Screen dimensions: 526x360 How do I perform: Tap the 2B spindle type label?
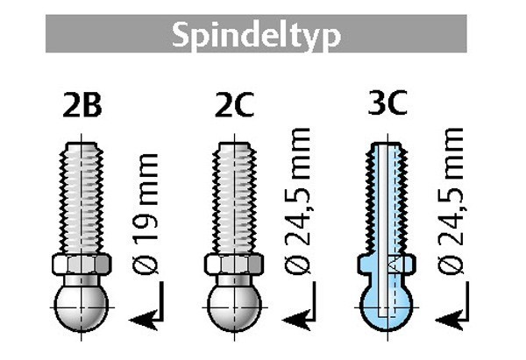tap(82, 105)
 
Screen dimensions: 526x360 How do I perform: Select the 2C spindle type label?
tap(234, 105)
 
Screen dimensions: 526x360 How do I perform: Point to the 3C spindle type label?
tap(387, 102)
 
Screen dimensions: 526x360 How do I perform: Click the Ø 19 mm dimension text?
tap(145, 214)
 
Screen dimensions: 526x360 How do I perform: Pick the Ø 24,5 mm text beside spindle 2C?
tap(297, 201)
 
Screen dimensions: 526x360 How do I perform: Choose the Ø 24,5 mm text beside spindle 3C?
tap(451, 201)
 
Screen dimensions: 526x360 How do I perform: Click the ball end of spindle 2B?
tap(82, 307)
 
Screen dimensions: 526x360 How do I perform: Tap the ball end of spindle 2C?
tap(234, 307)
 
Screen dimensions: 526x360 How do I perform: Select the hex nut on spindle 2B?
tap(82, 265)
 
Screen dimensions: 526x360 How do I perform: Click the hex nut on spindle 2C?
tap(234, 265)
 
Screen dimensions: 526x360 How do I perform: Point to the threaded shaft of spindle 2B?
tap(82, 198)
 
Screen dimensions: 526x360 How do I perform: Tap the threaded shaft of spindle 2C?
tap(234, 198)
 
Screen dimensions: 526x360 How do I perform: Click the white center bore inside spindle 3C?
tap(383, 230)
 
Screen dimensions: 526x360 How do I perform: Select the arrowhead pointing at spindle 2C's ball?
tap(296, 320)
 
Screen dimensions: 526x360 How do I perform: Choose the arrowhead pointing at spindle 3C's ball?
tap(450, 320)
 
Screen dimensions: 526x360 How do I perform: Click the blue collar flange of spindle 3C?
tap(387, 264)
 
